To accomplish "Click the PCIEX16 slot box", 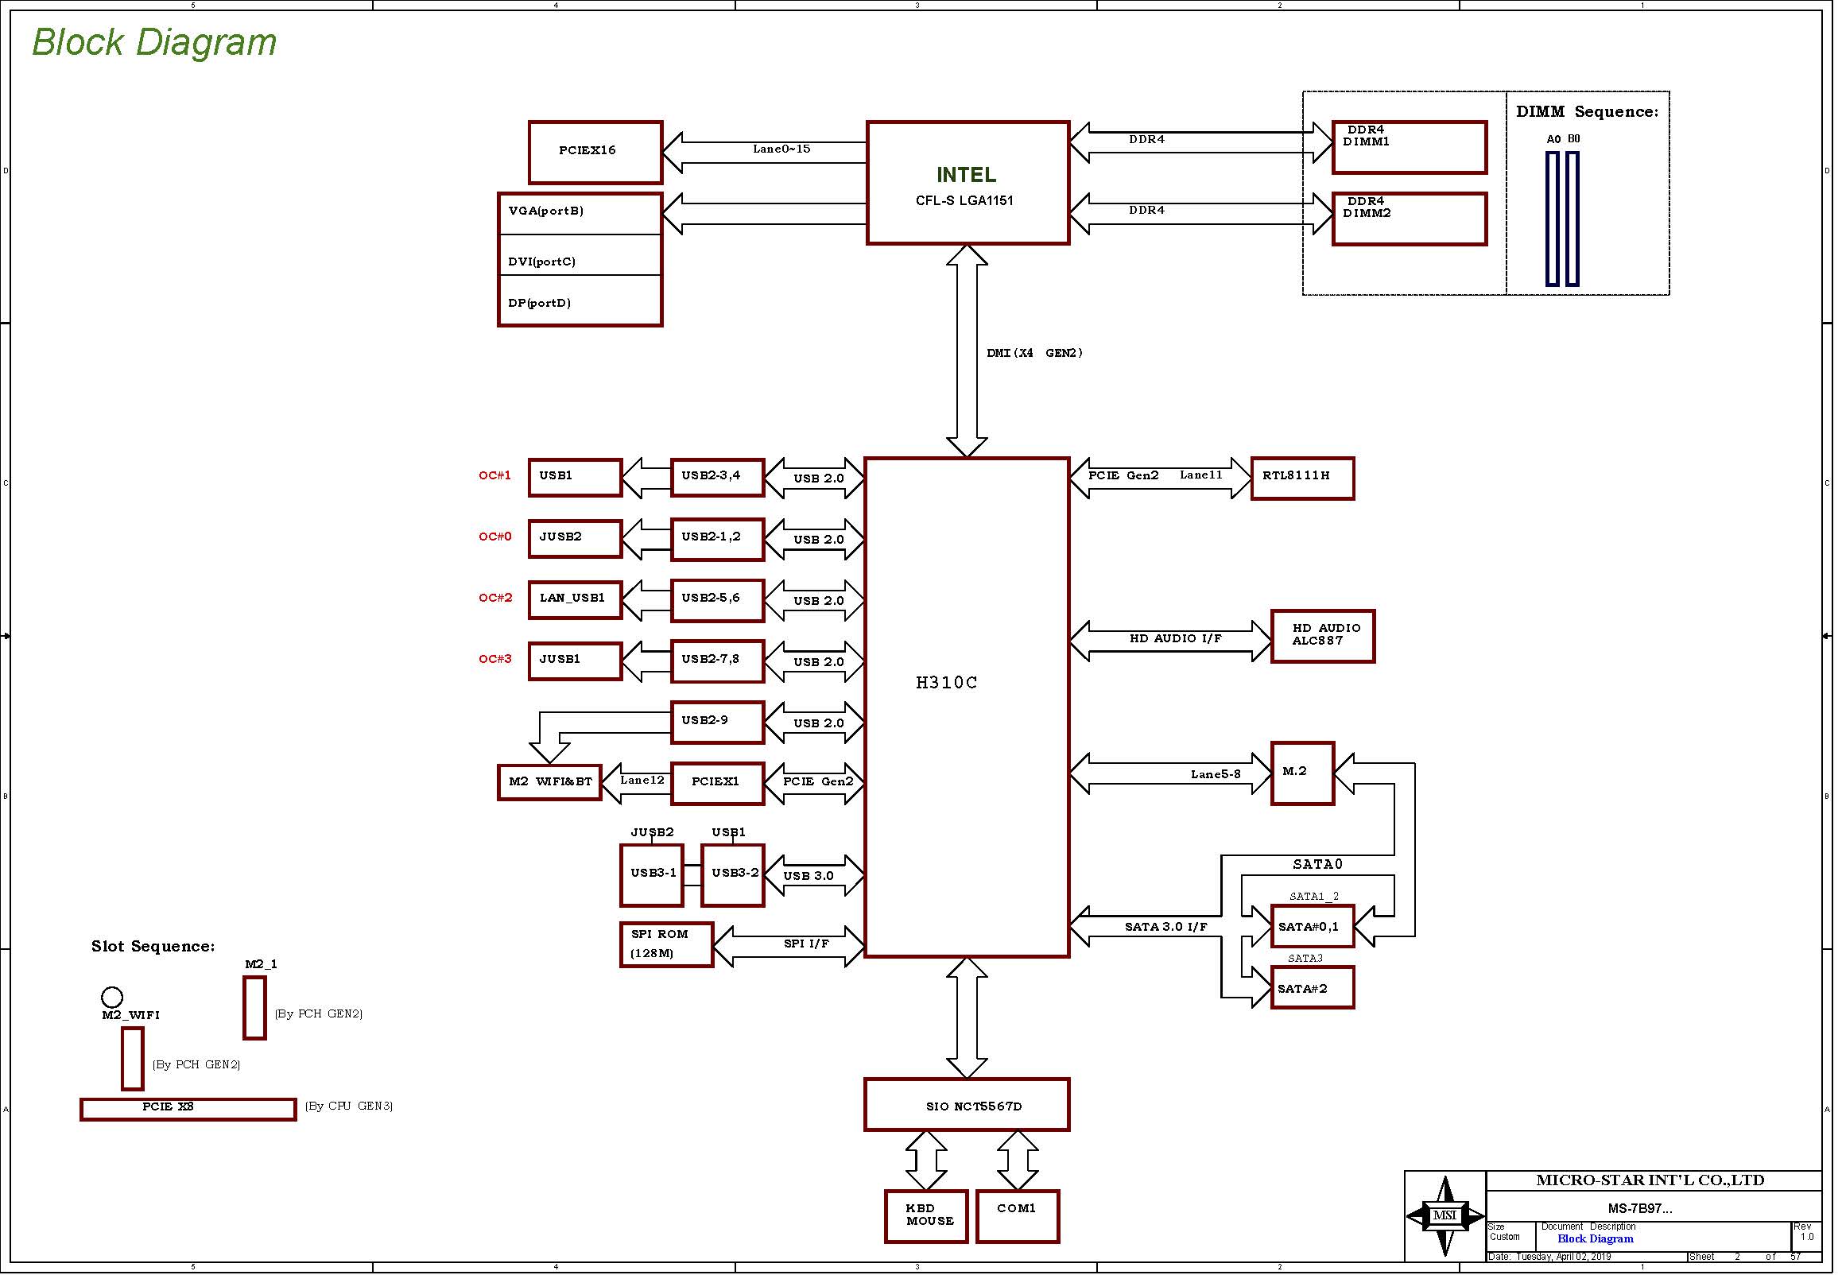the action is tap(595, 152).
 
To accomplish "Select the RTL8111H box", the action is tap(1302, 479).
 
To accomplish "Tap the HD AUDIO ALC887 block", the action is tap(1323, 636).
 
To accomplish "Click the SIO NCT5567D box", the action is tap(967, 1105).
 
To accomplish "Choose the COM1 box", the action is tap(1018, 1216).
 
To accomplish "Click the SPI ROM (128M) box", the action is tap(666, 944).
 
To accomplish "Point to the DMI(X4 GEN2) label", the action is tap(1034, 353).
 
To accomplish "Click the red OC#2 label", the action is tap(495, 598).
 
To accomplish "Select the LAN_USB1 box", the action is tap(575, 600).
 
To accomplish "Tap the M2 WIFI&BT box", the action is tap(549, 781).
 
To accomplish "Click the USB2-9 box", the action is tap(717, 723).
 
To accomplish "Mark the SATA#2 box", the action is tap(1313, 988).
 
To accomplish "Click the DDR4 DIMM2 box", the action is tap(1409, 219).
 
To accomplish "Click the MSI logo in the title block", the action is tap(1445, 1216).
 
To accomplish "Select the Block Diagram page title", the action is tap(154, 42).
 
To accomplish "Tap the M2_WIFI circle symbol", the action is tap(112, 997).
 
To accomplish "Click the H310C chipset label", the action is tap(947, 682).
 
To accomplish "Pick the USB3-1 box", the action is tap(652, 875).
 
